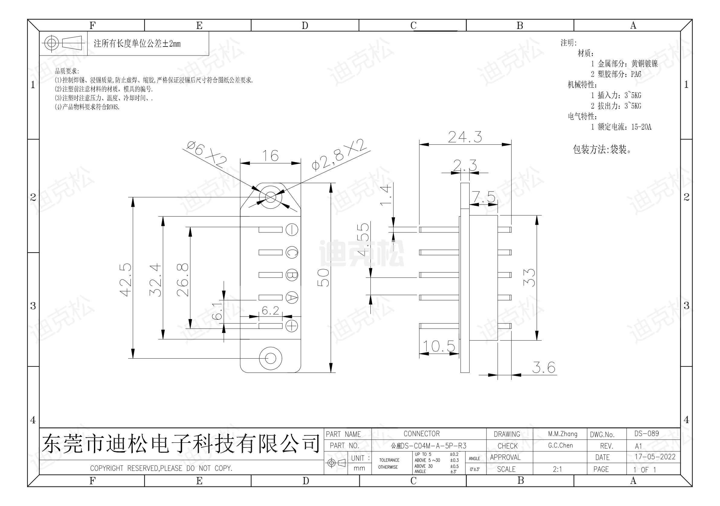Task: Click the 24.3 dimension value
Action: [465, 137]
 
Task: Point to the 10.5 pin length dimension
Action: [439, 346]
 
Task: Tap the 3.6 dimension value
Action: [544, 367]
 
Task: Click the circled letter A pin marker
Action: [292, 297]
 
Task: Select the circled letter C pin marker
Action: [292, 252]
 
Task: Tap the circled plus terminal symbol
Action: [292, 326]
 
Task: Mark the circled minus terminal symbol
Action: [292, 230]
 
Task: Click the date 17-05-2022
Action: [655, 457]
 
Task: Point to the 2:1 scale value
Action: [557, 469]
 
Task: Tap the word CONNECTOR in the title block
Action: [421, 434]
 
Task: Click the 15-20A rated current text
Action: [641, 127]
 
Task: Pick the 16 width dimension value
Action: [270, 156]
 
